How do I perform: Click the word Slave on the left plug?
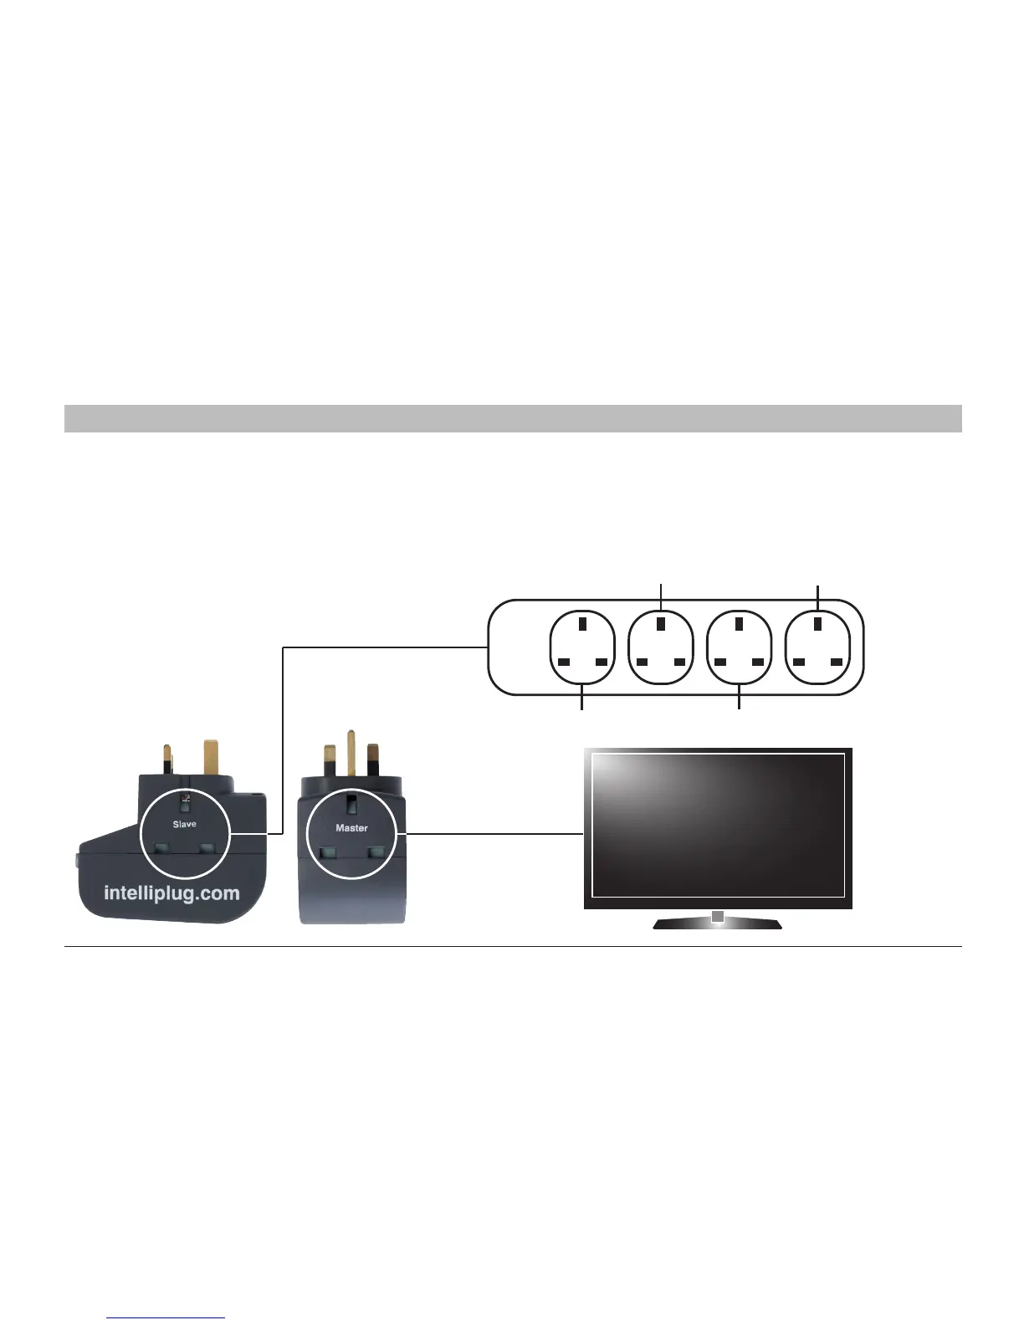[184, 824]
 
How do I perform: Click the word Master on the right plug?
[351, 827]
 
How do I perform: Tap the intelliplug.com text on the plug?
[172, 893]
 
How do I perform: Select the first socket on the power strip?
[581, 647]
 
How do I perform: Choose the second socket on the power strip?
[661, 647]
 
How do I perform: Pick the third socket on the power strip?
[740, 647]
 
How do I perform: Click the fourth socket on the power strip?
[818, 647]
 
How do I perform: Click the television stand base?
[716, 923]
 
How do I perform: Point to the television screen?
[718, 824]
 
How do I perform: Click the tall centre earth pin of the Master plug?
[351, 752]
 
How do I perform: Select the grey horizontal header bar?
[512, 418]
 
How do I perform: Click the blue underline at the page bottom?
[166, 1318]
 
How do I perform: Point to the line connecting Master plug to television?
[494, 833]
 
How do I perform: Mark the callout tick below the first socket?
[581, 702]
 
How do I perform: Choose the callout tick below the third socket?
[740, 702]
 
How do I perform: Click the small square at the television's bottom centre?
[717, 917]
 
